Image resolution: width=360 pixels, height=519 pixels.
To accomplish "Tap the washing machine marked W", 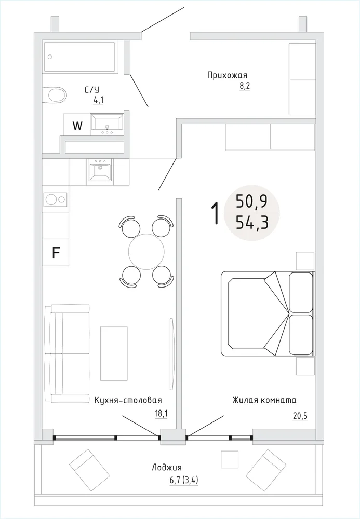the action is click(77, 125).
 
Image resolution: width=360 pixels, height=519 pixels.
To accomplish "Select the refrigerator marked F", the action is click(56, 252).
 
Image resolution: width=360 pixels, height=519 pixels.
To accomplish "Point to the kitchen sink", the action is click(100, 171).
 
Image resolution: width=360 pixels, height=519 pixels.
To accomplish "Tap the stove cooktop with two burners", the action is click(55, 199).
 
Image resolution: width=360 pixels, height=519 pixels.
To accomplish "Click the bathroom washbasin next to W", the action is click(107, 124).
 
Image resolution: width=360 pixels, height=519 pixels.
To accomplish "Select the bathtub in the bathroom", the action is click(79, 57).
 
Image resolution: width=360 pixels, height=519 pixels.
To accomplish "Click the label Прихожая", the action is click(227, 75).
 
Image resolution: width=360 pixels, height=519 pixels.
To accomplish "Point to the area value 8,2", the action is click(245, 86).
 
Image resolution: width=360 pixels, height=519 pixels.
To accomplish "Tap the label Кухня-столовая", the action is click(128, 400).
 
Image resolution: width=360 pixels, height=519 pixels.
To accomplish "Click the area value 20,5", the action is click(300, 416).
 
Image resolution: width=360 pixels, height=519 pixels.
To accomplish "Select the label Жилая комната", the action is click(264, 400).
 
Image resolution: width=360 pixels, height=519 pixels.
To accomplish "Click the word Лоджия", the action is click(167, 468).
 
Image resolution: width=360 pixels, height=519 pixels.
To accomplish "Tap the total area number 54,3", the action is click(252, 223).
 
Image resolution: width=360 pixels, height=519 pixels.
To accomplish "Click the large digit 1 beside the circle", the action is click(215, 213).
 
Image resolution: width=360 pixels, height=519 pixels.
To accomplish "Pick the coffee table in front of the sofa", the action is click(114, 353).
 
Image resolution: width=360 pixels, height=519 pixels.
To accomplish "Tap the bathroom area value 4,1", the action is click(98, 100).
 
